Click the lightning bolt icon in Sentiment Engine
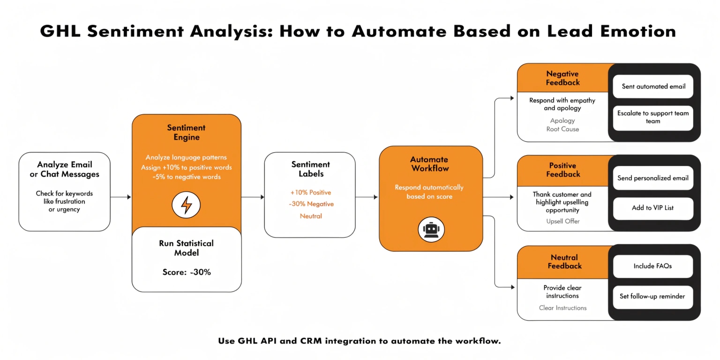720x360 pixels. point(186,205)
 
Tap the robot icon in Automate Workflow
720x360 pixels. point(431,230)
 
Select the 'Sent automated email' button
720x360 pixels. point(653,87)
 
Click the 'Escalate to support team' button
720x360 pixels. point(653,118)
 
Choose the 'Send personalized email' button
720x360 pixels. point(653,178)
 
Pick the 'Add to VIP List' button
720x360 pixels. point(653,208)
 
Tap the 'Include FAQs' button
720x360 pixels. point(653,266)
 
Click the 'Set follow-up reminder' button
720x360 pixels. point(653,297)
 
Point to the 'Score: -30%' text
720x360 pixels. point(187,272)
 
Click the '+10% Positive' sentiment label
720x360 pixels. point(310,193)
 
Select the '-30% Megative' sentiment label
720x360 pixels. point(310,204)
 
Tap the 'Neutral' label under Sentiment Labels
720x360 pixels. point(310,217)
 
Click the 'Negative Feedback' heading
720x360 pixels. point(562,78)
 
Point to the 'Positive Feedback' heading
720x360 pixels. point(562,170)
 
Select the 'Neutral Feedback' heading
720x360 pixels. point(564,262)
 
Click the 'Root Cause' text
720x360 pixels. point(562,129)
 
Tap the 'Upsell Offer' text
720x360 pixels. point(562,221)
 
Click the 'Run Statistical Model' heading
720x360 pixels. point(187,248)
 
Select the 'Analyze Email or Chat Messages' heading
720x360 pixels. point(65,169)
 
